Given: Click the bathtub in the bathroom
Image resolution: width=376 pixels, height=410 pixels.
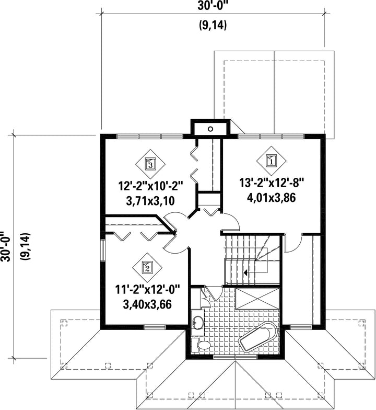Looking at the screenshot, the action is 258,337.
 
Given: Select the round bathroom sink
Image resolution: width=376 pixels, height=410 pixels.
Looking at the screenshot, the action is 198,322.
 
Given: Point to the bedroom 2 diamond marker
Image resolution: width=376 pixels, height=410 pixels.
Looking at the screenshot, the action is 147,267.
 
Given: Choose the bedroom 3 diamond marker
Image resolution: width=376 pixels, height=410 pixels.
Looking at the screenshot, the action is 150,164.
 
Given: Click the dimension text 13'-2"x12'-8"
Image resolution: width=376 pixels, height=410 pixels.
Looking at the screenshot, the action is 272,183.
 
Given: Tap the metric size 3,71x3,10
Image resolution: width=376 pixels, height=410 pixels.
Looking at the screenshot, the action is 150,201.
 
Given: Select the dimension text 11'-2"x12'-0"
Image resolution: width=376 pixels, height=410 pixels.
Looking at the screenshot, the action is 148,290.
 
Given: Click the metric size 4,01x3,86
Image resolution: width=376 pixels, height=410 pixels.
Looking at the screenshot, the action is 272,198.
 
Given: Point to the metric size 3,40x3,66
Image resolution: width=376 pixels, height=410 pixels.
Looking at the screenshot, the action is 147,304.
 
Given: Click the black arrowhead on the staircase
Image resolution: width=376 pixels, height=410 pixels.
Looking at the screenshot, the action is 245,273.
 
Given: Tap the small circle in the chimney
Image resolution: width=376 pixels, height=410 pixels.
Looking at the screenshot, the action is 210,129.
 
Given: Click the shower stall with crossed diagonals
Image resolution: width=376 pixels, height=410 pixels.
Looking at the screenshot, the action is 257,299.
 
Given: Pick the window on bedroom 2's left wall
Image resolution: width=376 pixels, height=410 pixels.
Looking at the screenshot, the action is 103,250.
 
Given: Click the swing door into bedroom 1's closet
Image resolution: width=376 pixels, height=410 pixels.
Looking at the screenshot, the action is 292,244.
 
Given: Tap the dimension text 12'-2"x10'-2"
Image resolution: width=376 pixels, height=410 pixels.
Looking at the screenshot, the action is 150,187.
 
